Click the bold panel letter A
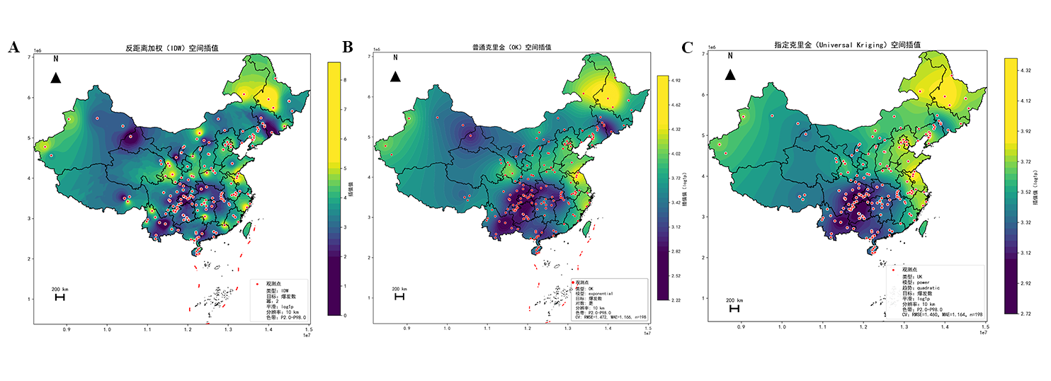coord(13,47)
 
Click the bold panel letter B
coord(348,47)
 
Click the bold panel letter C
coord(687,47)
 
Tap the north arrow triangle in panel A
coord(56,78)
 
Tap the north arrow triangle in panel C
coord(729,74)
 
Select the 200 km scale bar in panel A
coord(59,297)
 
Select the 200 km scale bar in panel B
coord(399,297)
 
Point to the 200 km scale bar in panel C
coord(734,309)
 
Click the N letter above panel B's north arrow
coord(396,58)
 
